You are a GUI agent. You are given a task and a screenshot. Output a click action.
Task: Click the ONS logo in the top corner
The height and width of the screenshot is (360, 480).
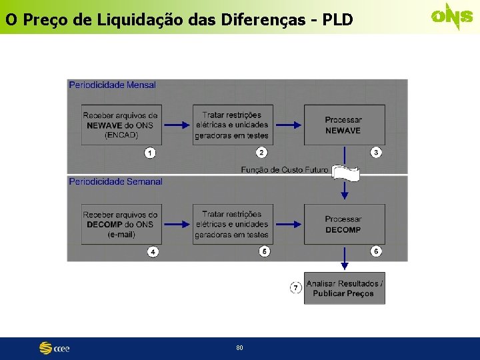(x=451, y=17)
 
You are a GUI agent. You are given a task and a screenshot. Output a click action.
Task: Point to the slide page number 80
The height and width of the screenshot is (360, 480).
(x=239, y=348)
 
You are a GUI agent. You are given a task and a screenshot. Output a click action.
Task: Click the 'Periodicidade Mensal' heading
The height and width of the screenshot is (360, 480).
(x=112, y=85)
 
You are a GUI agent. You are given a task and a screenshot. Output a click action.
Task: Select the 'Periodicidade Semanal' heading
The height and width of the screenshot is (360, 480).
(x=115, y=181)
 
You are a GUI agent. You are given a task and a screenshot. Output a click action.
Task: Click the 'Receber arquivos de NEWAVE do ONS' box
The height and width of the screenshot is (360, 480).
(x=120, y=125)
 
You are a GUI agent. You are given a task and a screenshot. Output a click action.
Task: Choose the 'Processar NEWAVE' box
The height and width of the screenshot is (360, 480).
(x=344, y=125)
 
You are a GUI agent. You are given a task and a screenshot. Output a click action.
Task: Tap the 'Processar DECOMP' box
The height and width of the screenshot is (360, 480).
(x=344, y=224)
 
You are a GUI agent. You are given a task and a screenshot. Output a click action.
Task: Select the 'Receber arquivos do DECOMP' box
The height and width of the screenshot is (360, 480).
(x=120, y=224)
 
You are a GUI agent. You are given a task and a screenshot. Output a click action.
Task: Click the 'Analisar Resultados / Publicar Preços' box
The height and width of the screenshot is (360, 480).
(x=345, y=288)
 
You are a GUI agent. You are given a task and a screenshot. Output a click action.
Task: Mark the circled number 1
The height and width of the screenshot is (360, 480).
(x=151, y=153)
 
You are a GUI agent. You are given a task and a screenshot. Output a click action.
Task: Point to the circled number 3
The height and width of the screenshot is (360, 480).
(x=376, y=153)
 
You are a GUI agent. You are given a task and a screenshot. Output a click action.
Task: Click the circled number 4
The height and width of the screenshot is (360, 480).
(x=153, y=252)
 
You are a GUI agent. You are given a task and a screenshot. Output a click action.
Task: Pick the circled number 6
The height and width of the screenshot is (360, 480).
(x=376, y=251)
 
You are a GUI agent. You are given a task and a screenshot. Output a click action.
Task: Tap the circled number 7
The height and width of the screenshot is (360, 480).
(x=296, y=287)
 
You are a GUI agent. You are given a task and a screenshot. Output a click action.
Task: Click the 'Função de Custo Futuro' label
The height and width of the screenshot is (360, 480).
(x=285, y=170)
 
